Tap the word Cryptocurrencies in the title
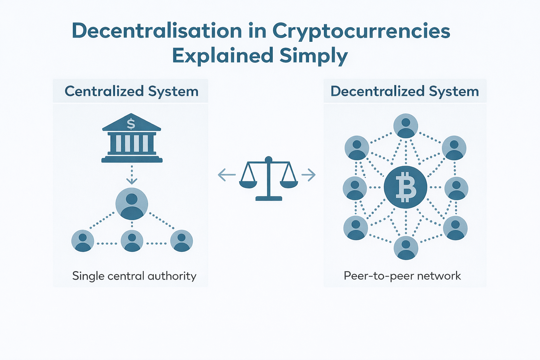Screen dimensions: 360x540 [x=361, y=32]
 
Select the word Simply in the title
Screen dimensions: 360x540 [x=314, y=56]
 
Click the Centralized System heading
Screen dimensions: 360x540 [x=131, y=91]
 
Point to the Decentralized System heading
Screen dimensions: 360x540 [x=405, y=91]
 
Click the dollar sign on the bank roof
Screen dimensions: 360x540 [x=131, y=124]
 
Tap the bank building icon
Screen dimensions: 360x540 [x=132, y=139]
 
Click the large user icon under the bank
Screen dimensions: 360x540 [x=132, y=204]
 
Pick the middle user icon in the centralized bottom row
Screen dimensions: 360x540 [x=132, y=241]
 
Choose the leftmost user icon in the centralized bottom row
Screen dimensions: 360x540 [x=83, y=241]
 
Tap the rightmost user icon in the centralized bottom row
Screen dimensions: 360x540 [x=181, y=241]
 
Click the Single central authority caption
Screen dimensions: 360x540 [x=134, y=276]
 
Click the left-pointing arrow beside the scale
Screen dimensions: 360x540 [x=226, y=175]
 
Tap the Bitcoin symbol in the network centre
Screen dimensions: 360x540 [x=406, y=187]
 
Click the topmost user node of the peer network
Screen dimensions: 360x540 [x=406, y=126]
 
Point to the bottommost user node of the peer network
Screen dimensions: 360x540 [x=406, y=248]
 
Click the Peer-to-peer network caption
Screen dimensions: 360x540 [x=402, y=276]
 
